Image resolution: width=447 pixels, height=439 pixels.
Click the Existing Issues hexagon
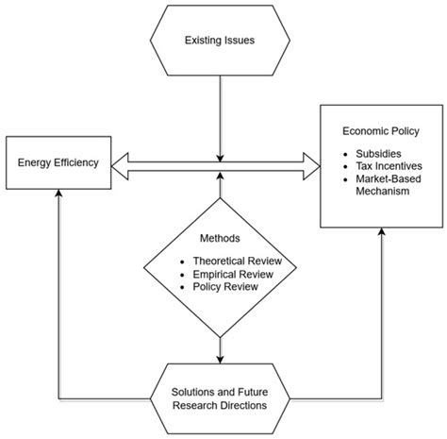[x=220, y=42]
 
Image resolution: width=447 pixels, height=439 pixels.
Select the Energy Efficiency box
[x=59, y=162]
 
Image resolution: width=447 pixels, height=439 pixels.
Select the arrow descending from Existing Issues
[x=220, y=113]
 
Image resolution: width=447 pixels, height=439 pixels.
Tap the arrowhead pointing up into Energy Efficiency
[x=59, y=192]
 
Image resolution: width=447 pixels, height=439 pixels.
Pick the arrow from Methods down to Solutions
[x=220, y=348]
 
